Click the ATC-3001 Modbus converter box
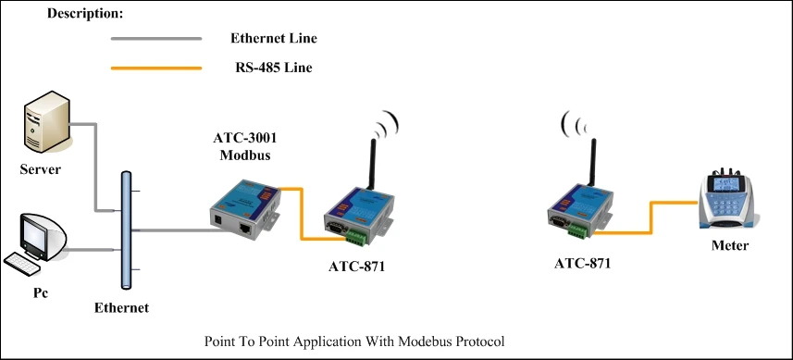pyautogui.click(x=242, y=206)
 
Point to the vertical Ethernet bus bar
pyautogui.click(x=127, y=230)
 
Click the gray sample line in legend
pyautogui.click(x=156, y=39)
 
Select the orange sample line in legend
pyautogui.click(x=156, y=68)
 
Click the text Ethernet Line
pyautogui.click(x=274, y=39)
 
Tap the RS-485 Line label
pyautogui.click(x=273, y=68)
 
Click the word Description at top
pyautogui.click(x=85, y=15)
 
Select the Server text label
pyautogui.click(x=41, y=169)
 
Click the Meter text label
pyautogui.click(x=730, y=245)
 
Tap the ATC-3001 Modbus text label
pyautogui.click(x=244, y=145)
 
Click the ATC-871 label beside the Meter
pyautogui.click(x=582, y=264)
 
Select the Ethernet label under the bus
pyautogui.click(x=121, y=307)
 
